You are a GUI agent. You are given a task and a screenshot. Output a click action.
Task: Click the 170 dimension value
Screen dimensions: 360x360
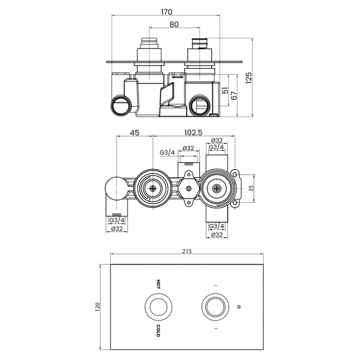click(167, 11)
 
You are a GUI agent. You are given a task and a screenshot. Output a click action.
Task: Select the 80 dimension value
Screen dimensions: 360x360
click(172, 24)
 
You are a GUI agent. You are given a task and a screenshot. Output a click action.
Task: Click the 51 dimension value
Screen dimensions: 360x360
click(224, 91)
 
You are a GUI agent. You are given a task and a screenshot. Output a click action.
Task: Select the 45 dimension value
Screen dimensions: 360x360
click(134, 132)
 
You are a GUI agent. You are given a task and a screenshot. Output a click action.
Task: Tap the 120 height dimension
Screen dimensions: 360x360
click(98, 306)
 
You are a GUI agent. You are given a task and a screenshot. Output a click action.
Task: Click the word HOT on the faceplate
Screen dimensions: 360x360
click(158, 284)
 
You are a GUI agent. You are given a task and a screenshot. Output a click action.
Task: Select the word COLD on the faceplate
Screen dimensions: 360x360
click(158, 331)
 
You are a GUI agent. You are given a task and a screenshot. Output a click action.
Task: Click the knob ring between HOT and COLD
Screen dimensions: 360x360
click(158, 306)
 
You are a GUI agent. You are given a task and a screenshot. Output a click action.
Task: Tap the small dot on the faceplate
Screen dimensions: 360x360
click(239, 306)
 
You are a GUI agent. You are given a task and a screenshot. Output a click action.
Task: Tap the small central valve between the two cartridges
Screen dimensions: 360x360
click(189, 189)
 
